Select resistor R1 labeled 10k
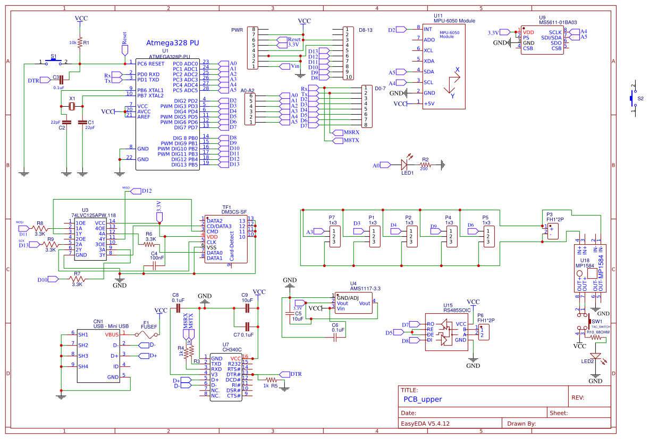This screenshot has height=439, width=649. [80, 42]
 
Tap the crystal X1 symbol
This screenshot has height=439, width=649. [73, 107]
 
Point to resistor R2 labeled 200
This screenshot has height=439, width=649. [424, 165]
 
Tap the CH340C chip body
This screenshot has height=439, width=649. [226, 376]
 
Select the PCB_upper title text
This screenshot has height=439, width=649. [423, 399]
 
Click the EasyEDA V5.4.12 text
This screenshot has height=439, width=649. [425, 424]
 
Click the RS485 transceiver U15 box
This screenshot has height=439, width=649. [446, 332]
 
